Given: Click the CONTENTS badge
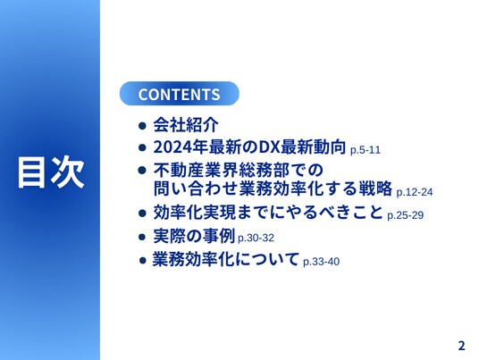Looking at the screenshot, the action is pos(180,94).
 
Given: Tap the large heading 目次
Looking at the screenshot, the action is pos(51,172).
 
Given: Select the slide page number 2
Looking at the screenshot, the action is pos(462,346).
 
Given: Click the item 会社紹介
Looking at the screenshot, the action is pos(186,124).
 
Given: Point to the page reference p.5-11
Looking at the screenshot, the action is pos(366,150).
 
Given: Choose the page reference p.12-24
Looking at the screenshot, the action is pos(415,192).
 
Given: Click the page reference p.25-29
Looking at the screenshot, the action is pos(406,215).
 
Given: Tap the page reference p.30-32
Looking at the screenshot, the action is pos(256,238).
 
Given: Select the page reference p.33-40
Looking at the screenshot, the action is pos(322,262).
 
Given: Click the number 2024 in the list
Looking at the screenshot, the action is pos(172,147).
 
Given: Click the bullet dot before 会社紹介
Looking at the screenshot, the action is pos(142,125).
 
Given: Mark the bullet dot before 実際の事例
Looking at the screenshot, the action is pos(142,237).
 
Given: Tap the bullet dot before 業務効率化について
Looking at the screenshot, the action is pos(143,261).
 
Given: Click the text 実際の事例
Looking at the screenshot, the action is pos(194,236).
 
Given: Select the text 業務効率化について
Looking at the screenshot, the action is pos(226,260).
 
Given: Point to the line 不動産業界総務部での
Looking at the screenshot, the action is pos(239,170).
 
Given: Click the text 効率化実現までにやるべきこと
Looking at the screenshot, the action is pos(268,213).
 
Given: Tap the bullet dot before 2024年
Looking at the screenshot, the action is pos(142,147).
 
